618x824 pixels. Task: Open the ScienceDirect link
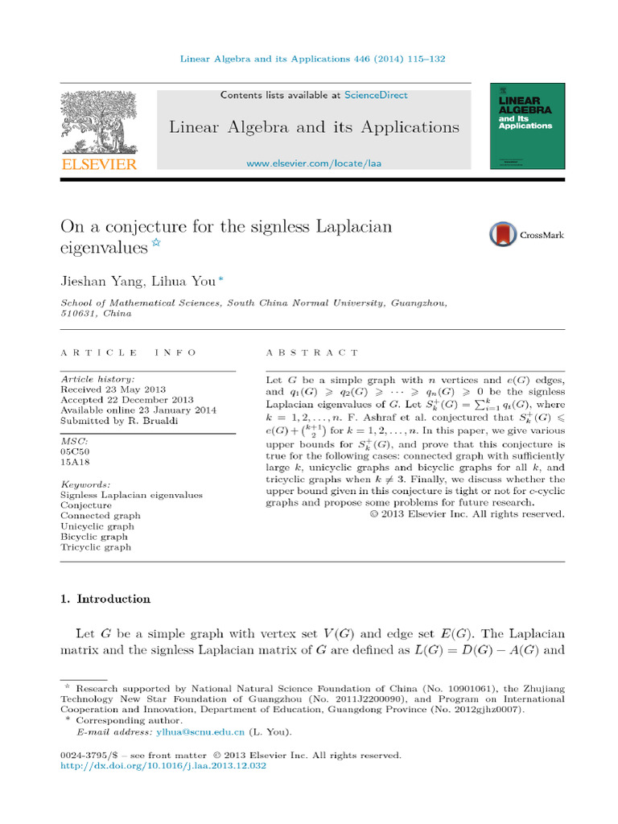(376, 95)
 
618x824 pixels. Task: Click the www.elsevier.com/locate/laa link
(313, 163)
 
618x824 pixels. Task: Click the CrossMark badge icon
(504, 235)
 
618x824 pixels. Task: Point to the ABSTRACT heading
(312, 352)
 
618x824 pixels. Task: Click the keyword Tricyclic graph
(96, 547)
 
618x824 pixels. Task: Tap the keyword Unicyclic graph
(97, 526)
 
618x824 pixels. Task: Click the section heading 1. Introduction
(105, 599)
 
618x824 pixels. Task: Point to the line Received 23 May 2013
(113, 389)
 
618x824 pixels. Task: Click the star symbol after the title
(156, 242)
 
